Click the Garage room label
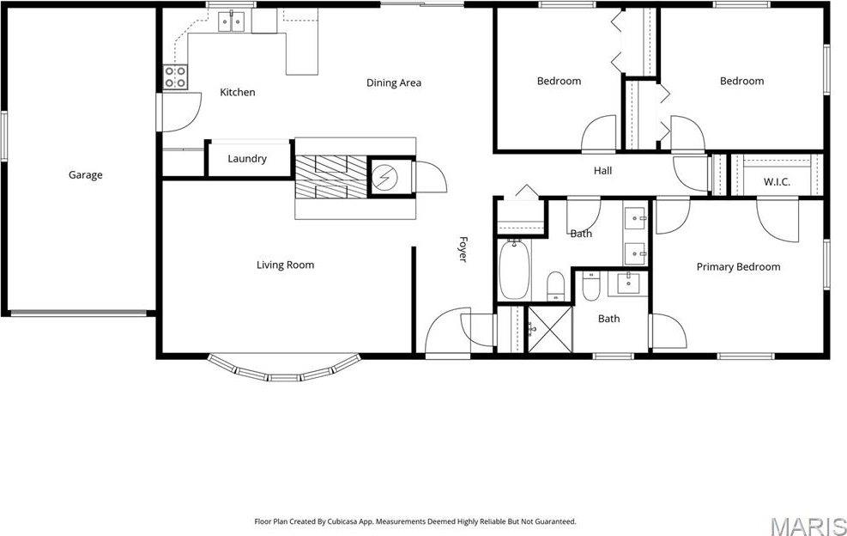[x=85, y=175]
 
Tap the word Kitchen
[x=237, y=92]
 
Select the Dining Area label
[x=393, y=83]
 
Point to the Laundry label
[x=247, y=159]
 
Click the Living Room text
[x=285, y=265]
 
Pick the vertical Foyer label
[x=463, y=249]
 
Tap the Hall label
[x=602, y=171]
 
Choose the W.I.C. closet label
[x=776, y=182]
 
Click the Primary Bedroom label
[x=738, y=267]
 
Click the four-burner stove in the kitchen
[x=176, y=77]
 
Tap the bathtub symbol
[x=516, y=269]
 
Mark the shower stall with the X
[x=548, y=328]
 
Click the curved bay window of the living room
[x=282, y=370]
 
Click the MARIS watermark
[x=807, y=524]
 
